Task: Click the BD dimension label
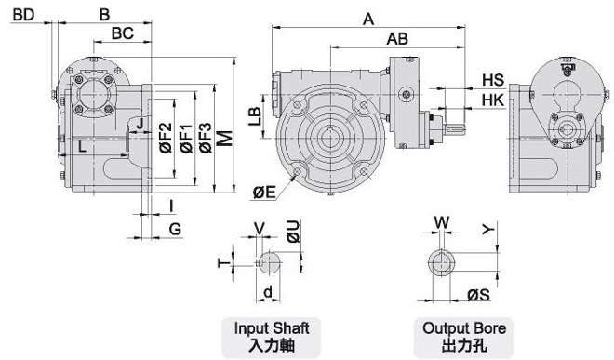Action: (x=24, y=15)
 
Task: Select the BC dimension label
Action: (x=123, y=33)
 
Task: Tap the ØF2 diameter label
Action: (x=166, y=138)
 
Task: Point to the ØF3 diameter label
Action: (x=206, y=138)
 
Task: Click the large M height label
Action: (x=225, y=139)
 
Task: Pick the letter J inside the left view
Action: (x=140, y=124)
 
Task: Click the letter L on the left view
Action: (x=82, y=147)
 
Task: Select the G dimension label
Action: (x=176, y=229)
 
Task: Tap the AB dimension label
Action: (x=397, y=39)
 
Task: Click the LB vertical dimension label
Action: (x=255, y=116)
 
